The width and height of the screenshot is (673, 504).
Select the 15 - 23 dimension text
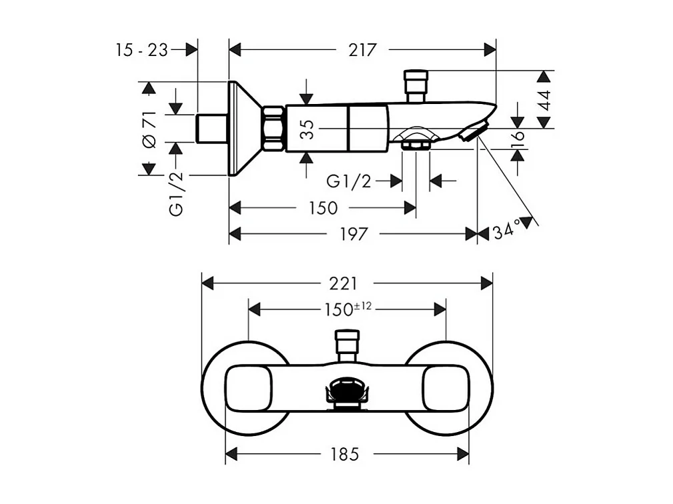(141, 49)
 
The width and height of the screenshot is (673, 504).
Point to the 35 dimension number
(306, 128)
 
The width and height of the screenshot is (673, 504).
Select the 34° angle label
(507, 232)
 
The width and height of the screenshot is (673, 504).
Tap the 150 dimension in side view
(322, 208)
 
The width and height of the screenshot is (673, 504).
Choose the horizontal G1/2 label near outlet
(349, 181)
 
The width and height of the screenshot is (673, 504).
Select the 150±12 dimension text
(348, 309)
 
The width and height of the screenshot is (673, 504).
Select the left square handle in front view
(247, 388)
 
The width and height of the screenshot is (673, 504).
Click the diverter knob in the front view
(348, 341)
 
